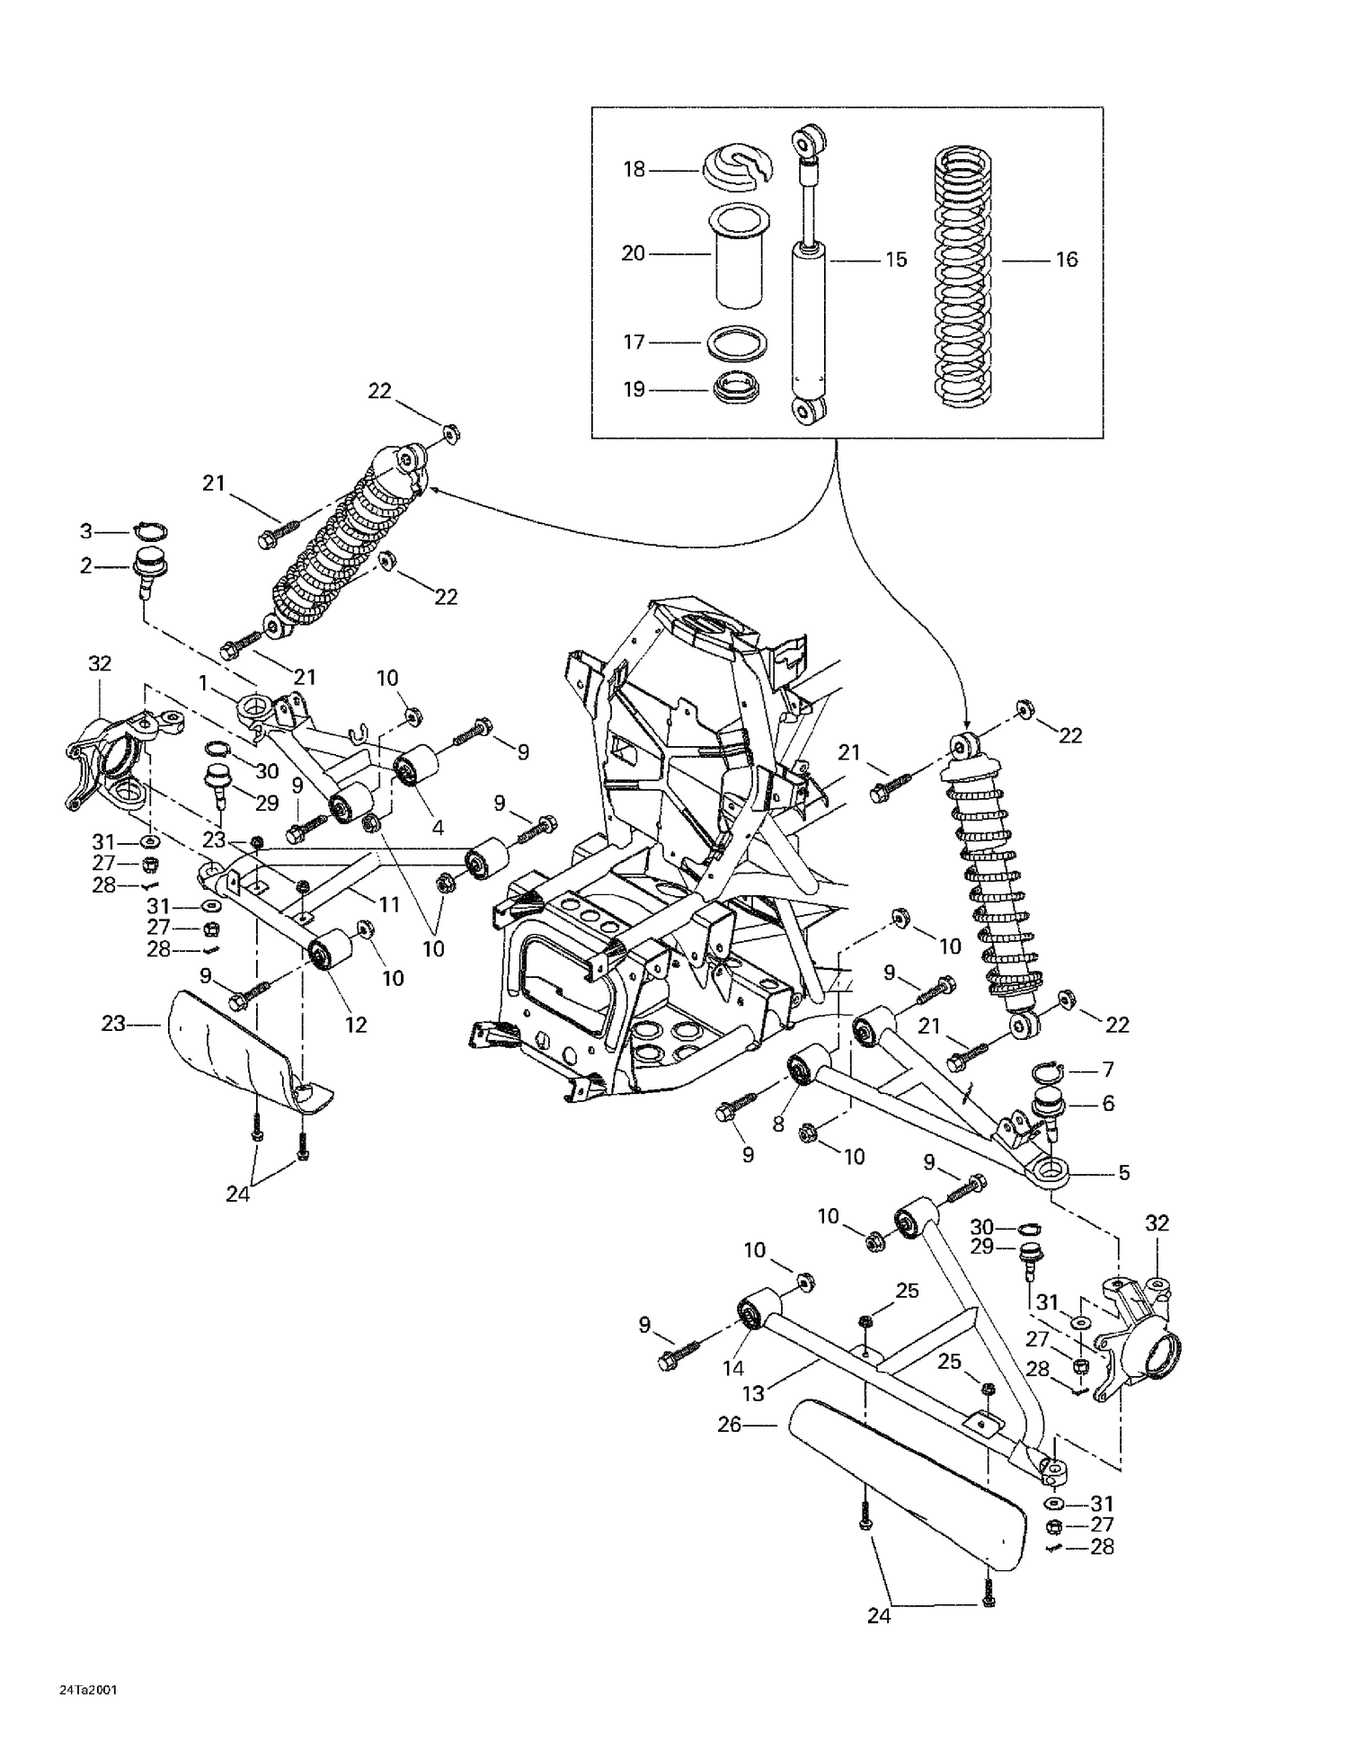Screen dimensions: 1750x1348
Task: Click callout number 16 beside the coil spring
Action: click(1066, 260)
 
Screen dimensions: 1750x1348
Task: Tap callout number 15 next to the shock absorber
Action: click(896, 260)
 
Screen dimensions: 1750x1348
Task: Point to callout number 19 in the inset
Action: click(634, 389)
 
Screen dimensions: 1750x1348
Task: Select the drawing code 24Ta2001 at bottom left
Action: click(88, 1689)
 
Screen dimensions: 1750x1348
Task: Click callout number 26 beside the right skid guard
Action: click(729, 1424)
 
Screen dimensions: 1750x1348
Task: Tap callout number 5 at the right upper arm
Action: click(1123, 1172)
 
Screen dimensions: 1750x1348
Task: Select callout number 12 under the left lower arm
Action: click(356, 1025)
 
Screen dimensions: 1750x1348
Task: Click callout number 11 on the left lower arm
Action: click(388, 904)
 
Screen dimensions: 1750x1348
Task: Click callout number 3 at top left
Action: click(86, 531)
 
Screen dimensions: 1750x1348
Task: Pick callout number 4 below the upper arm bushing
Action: click(438, 827)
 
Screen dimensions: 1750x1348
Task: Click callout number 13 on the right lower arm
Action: click(753, 1393)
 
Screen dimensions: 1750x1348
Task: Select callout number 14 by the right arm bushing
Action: click(733, 1368)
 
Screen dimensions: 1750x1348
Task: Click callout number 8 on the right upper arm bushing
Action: click(778, 1124)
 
